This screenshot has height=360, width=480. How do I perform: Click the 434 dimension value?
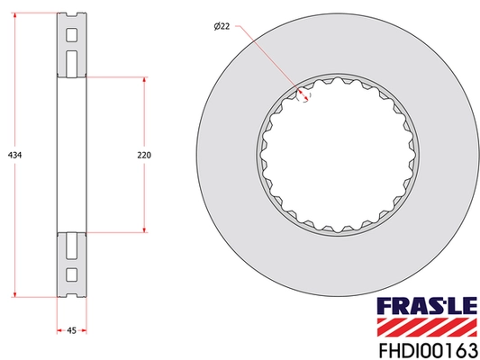[14, 155]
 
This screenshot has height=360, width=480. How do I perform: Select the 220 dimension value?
[144, 155]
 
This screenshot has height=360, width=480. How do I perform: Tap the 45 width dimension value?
[71, 330]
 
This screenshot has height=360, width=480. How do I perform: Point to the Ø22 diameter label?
[222, 28]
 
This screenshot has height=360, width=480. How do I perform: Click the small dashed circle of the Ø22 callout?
[304, 94]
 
